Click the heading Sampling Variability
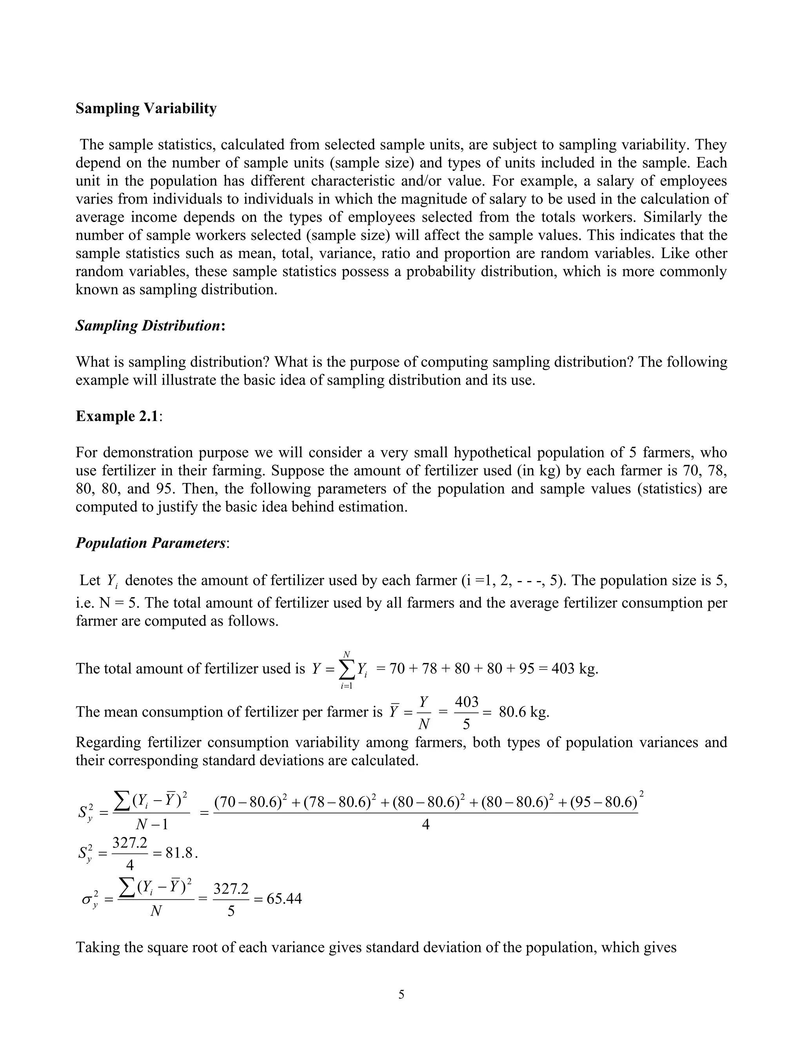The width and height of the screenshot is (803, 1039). (x=146, y=109)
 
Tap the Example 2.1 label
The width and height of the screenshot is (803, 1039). (x=117, y=416)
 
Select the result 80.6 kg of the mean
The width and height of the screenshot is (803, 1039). (x=524, y=712)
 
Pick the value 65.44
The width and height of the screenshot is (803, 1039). (x=284, y=899)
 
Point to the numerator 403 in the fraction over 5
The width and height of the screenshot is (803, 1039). (x=467, y=702)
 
